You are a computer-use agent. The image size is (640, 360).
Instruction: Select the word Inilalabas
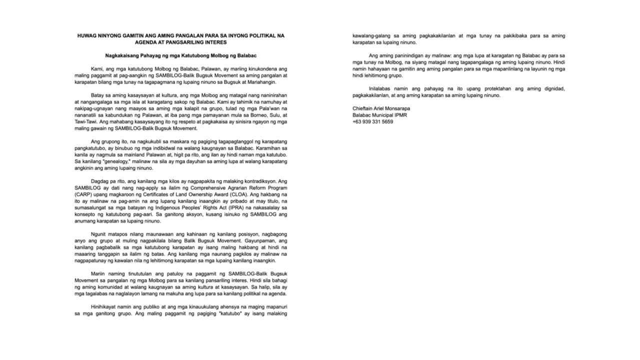click(x=382, y=88)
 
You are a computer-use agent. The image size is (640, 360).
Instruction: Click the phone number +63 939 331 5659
click(x=372, y=121)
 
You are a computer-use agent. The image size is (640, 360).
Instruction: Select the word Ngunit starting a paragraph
click(x=99, y=234)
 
